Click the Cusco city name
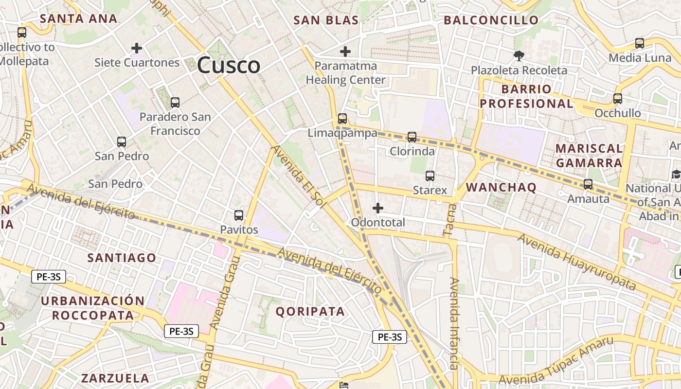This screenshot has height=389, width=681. click(229, 65)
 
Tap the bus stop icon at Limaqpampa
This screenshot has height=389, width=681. click(342, 118)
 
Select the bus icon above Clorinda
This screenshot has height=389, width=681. click(412, 137)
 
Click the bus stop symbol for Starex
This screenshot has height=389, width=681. click(430, 176)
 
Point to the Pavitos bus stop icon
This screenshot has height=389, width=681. click(239, 215)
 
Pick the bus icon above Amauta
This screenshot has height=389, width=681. click(588, 184)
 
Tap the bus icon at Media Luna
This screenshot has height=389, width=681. click(640, 43)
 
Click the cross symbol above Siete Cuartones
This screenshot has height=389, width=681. click(137, 48)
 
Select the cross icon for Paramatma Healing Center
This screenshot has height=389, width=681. click(345, 51)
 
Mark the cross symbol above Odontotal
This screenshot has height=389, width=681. click(378, 208)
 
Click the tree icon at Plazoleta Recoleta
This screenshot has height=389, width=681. click(519, 55)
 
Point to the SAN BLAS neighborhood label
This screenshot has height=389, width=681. click(326, 20)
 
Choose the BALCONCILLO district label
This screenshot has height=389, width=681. click(491, 20)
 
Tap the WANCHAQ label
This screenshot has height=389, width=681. click(501, 187)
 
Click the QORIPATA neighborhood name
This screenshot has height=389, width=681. click(310, 311)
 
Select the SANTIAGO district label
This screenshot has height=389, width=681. click(122, 258)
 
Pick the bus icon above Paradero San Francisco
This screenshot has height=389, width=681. click(175, 103)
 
